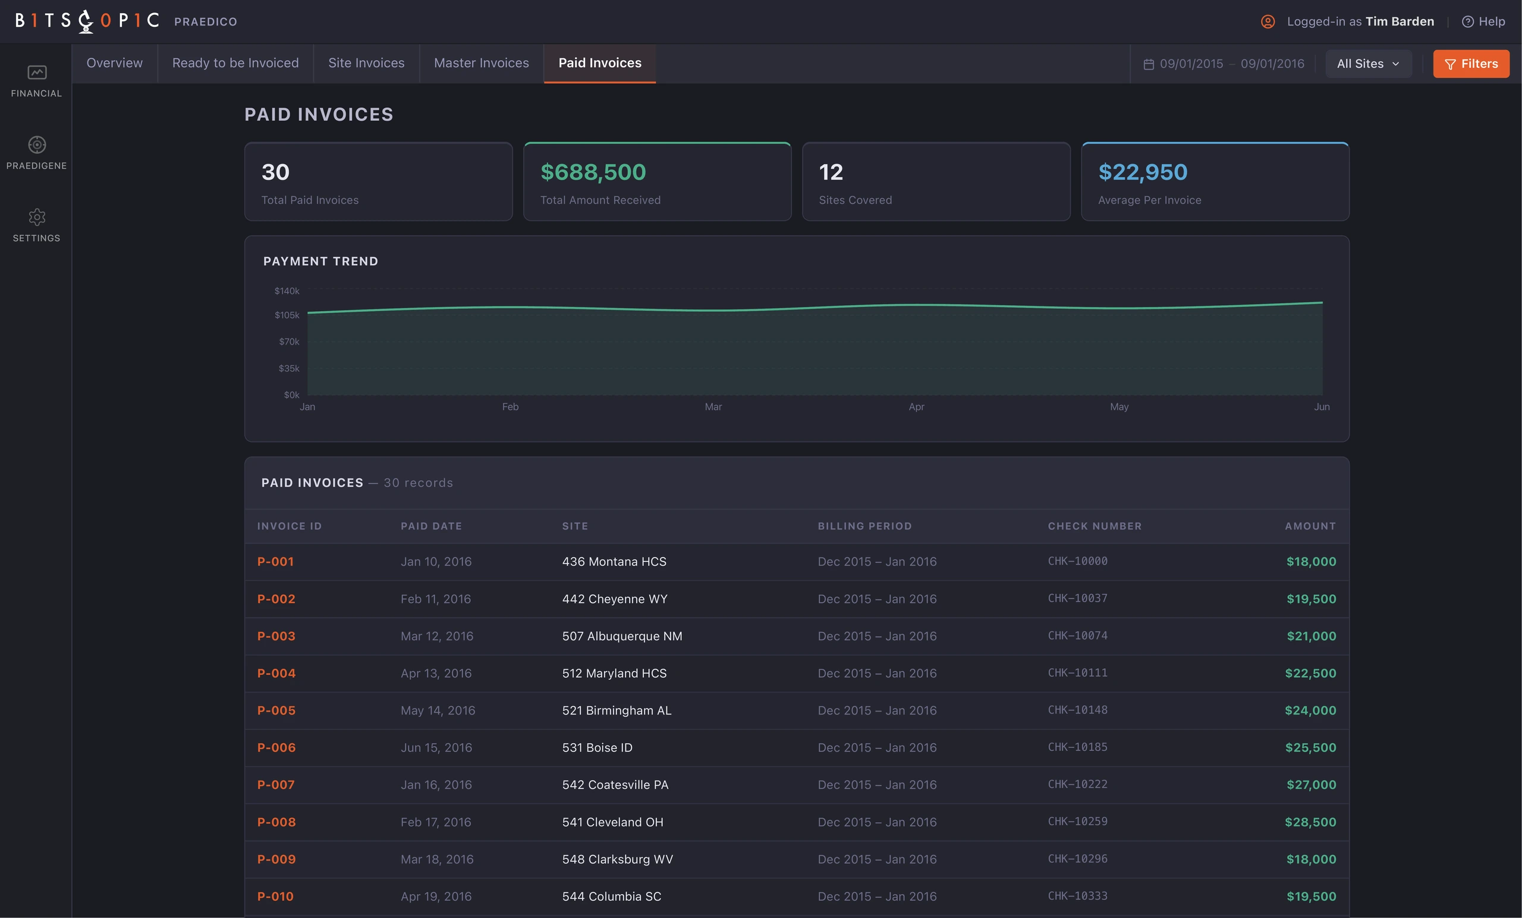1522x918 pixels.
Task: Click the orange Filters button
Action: (1471, 64)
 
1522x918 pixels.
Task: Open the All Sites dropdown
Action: (1368, 64)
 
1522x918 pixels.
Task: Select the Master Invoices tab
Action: (481, 63)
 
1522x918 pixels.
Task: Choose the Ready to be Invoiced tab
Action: (235, 63)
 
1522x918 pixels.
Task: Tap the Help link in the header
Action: (1484, 21)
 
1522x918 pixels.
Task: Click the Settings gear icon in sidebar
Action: (37, 217)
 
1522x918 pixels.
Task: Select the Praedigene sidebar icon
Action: (37, 145)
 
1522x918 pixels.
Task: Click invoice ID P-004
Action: (276, 673)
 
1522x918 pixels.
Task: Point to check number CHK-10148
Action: (1077, 710)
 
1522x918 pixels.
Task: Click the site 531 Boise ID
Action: (598, 747)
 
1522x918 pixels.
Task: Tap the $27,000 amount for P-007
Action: (1312, 785)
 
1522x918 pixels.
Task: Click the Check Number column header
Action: (1095, 526)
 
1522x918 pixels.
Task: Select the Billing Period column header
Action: (865, 526)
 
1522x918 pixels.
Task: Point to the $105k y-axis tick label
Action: (287, 315)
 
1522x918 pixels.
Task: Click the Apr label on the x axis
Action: (916, 407)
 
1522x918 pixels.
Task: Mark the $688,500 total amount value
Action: (593, 172)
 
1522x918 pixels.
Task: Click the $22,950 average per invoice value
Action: (1143, 172)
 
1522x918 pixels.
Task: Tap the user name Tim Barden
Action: (1400, 21)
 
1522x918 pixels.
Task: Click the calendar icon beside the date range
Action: (1149, 64)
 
